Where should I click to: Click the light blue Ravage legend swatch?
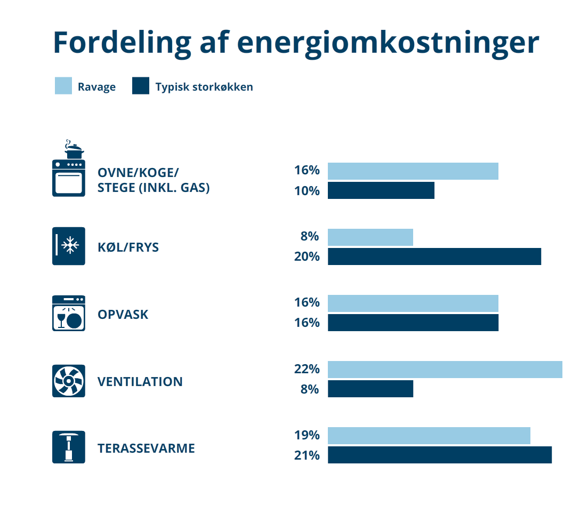pos(63,86)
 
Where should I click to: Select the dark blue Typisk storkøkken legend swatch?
pos(141,86)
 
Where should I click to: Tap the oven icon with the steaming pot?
pos(69,170)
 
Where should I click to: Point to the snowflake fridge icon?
pos(69,246)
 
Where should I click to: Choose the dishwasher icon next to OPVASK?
pos(69,313)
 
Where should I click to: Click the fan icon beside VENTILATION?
pos(69,381)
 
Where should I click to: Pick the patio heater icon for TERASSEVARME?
pos(69,447)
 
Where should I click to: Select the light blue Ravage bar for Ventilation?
pos(445,370)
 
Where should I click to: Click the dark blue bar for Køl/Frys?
pos(434,256)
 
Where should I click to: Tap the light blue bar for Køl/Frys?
pos(370,237)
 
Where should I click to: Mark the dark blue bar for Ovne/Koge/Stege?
pos(381,190)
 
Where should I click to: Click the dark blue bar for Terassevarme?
pos(439,455)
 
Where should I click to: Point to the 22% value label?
pos(307,369)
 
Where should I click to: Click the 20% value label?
pos(307,256)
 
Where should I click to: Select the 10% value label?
pos(307,190)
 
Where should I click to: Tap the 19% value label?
pos(307,435)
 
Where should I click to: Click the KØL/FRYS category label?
pos(128,247)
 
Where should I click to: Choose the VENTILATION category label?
pos(140,382)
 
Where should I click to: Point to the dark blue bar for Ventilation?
pos(370,389)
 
